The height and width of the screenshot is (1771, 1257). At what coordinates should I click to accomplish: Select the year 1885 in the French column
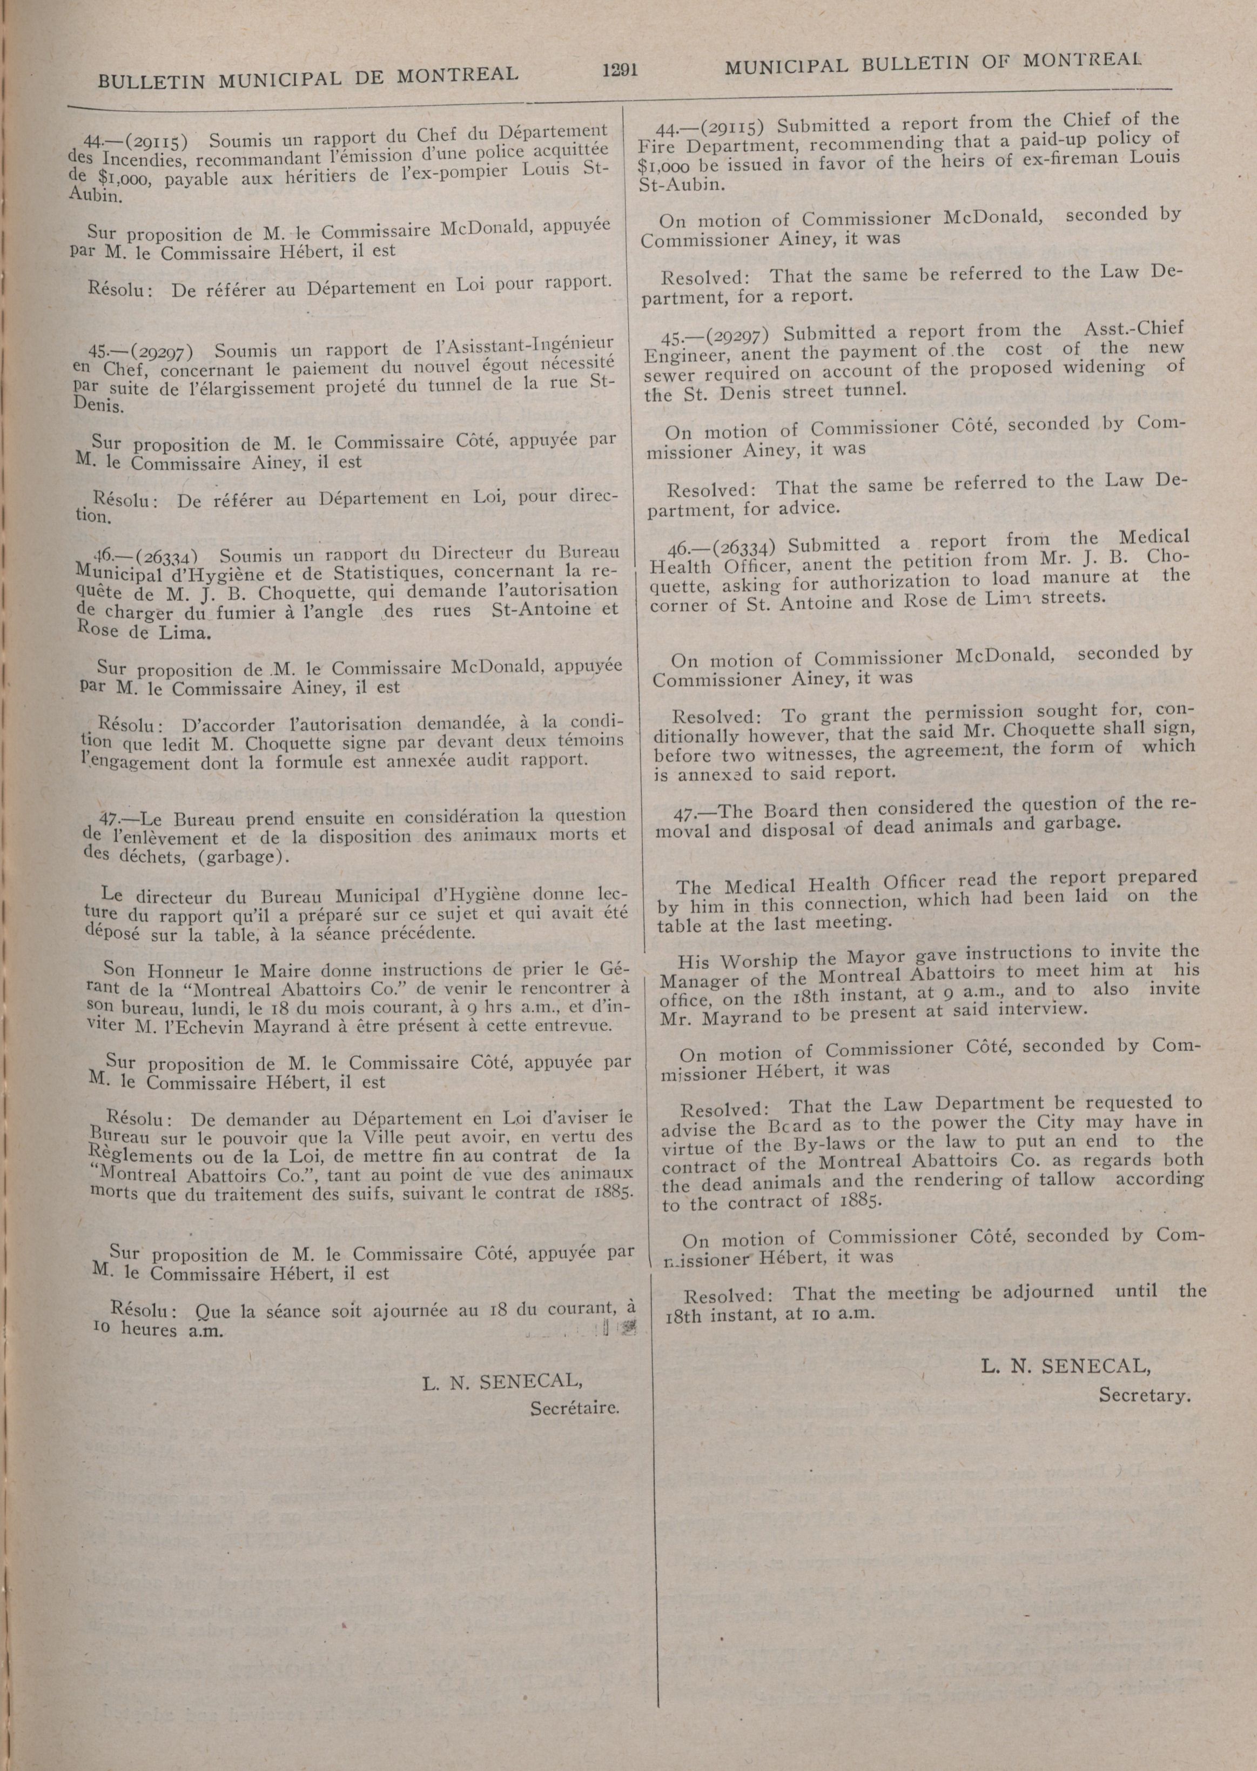tap(615, 1193)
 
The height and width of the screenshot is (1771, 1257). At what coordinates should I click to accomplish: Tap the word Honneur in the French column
tap(184, 971)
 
